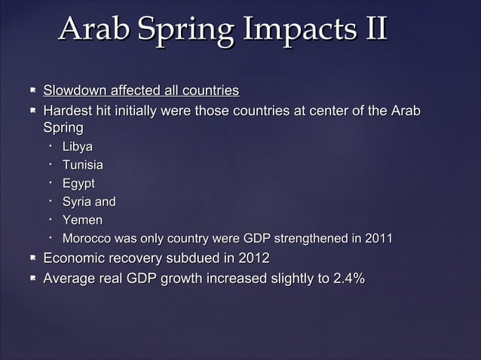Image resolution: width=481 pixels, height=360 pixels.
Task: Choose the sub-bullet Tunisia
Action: tap(83, 165)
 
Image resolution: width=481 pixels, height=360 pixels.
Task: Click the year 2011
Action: tap(378, 239)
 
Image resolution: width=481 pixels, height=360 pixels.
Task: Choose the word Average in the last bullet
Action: tap(72, 279)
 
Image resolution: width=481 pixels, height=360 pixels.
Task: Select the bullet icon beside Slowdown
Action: tap(32, 92)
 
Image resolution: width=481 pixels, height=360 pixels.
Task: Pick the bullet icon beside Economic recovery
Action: tap(32, 259)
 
